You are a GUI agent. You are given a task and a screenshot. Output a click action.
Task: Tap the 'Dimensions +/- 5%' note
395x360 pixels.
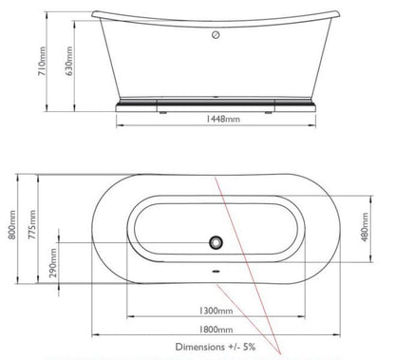click(x=217, y=348)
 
